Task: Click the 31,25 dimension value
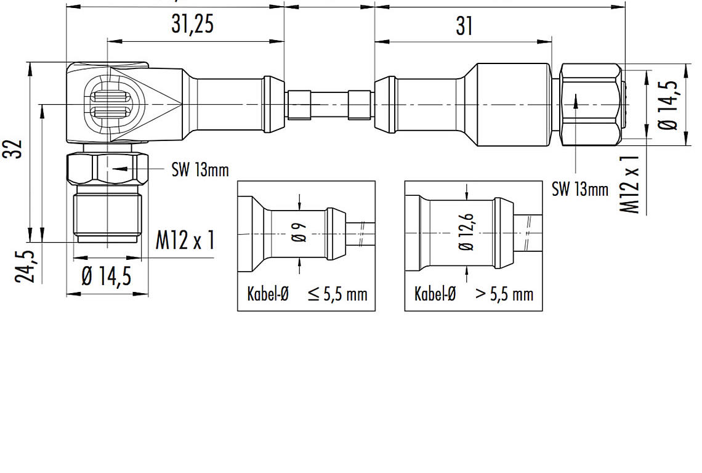(x=193, y=24)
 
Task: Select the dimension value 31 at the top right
(x=464, y=26)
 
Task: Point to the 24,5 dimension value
(x=25, y=267)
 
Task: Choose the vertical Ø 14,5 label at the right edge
(x=668, y=105)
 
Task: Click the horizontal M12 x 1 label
(x=185, y=240)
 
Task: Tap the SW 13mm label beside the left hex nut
(x=200, y=170)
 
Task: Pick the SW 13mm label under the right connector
(x=580, y=189)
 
